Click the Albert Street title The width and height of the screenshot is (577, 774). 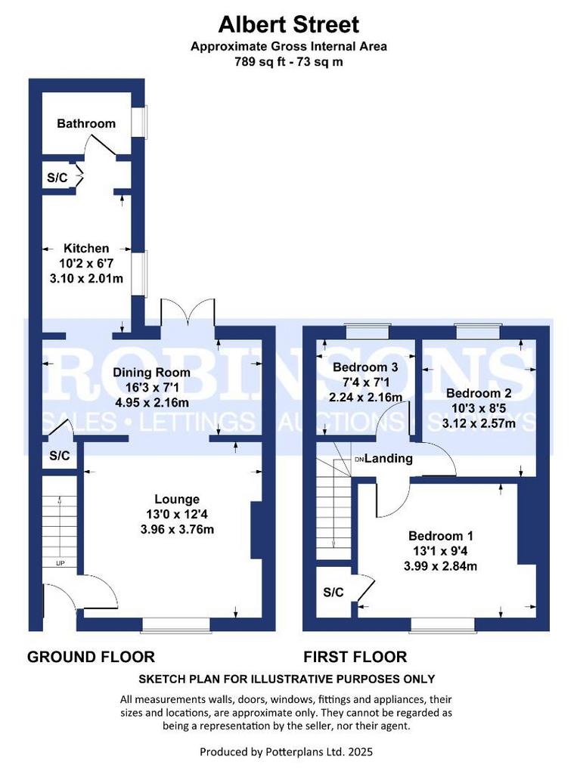(x=289, y=24)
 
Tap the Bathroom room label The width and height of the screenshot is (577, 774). (x=86, y=123)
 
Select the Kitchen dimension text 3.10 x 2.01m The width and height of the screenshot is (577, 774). (x=86, y=278)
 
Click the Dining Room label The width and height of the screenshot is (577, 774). (x=152, y=372)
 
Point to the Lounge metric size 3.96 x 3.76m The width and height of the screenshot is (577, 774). (x=177, y=530)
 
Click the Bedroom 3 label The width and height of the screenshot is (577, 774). (x=365, y=367)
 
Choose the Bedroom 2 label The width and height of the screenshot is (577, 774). (x=478, y=393)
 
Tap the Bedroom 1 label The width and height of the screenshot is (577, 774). (x=441, y=536)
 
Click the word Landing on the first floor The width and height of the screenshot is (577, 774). (x=388, y=459)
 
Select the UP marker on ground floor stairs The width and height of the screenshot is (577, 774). (x=60, y=563)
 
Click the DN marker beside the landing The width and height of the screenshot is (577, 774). (x=359, y=459)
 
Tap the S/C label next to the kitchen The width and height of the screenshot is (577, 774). (x=57, y=178)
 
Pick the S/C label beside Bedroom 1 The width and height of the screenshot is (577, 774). (x=333, y=592)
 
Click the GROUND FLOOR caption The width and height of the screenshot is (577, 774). (x=91, y=657)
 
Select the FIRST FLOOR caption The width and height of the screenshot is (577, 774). (x=355, y=657)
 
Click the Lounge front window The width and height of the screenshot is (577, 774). (x=176, y=624)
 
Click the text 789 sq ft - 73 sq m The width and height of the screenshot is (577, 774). (x=289, y=62)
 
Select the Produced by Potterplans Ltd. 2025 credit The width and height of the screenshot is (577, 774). (x=286, y=752)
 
